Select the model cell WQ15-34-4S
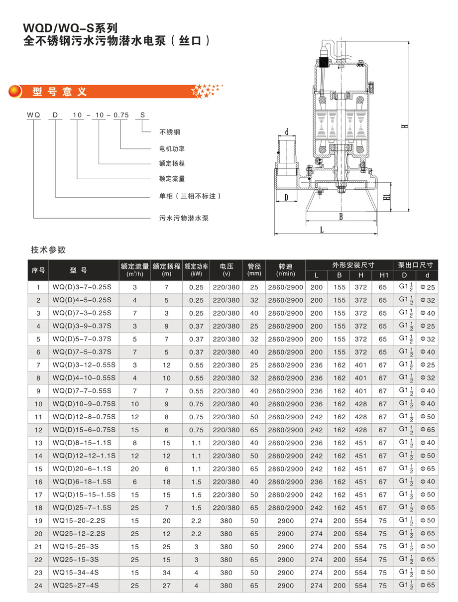click(x=76, y=572)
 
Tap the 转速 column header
click(x=285, y=269)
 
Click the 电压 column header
click(x=226, y=269)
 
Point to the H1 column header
click(x=382, y=275)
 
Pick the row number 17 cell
click(x=38, y=494)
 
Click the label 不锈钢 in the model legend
click(x=169, y=132)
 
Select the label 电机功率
click(x=172, y=148)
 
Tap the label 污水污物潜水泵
click(x=184, y=218)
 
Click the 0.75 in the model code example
click(x=121, y=115)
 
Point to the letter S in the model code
click(x=142, y=115)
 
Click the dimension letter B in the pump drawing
click(x=341, y=217)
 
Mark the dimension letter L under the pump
click(x=322, y=230)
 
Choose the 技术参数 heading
click(x=48, y=249)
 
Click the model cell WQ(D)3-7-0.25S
click(x=82, y=287)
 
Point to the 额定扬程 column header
click(x=166, y=269)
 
